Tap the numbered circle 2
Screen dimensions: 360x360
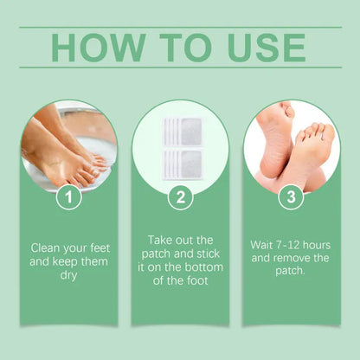coord(180,198)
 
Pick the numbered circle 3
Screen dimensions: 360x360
coord(292,198)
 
